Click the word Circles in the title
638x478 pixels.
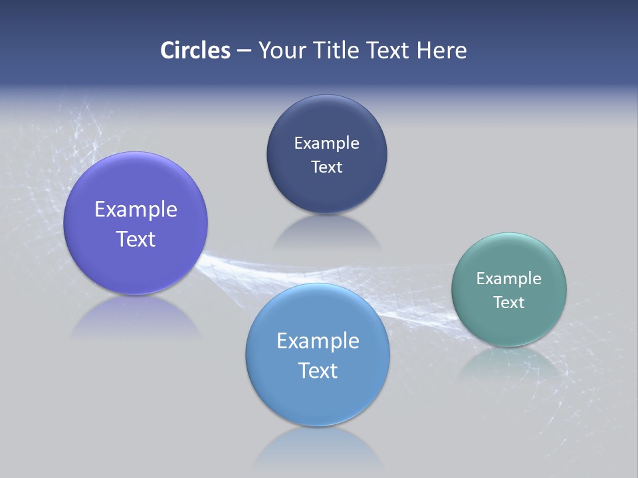pyautogui.click(x=195, y=50)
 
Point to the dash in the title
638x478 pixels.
pyautogui.click(x=244, y=51)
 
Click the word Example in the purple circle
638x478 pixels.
pyautogui.click(x=136, y=210)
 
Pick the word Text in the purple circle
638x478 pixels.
pyautogui.click(x=136, y=239)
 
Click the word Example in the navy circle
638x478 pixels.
pyautogui.click(x=326, y=143)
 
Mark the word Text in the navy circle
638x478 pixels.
pyautogui.click(x=326, y=167)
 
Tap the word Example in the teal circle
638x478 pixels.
pyautogui.click(x=508, y=279)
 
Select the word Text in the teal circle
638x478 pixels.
pyautogui.click(x=509, y=303)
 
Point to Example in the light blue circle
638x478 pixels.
pyautogui.click(x=318, y=341)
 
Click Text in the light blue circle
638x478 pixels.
pyautogui.click(x=318, y=370)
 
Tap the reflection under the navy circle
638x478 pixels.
pyautogui.click(x=327, y=232)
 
